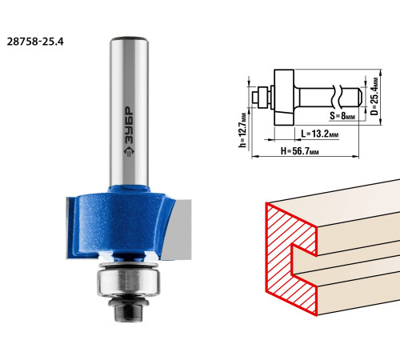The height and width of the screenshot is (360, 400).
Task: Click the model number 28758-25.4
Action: (x=35, y=42)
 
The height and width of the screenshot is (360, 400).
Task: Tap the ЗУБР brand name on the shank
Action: (x=130, y=126)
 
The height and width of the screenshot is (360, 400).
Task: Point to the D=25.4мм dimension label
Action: (x=374, y=96)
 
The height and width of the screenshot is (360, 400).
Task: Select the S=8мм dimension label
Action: (x=342, y=116)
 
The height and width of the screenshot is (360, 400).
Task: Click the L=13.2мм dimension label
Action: (x=320, y=134)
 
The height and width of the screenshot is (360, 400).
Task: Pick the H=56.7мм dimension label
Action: (x=300, y=151)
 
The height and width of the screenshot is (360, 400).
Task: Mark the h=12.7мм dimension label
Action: (x=242, y=130)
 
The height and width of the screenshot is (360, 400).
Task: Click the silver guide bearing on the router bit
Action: (x=129, y=282)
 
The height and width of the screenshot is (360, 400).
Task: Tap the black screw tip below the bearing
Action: (x=129, y=312)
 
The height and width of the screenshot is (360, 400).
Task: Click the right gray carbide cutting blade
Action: (x=178, y=230)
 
